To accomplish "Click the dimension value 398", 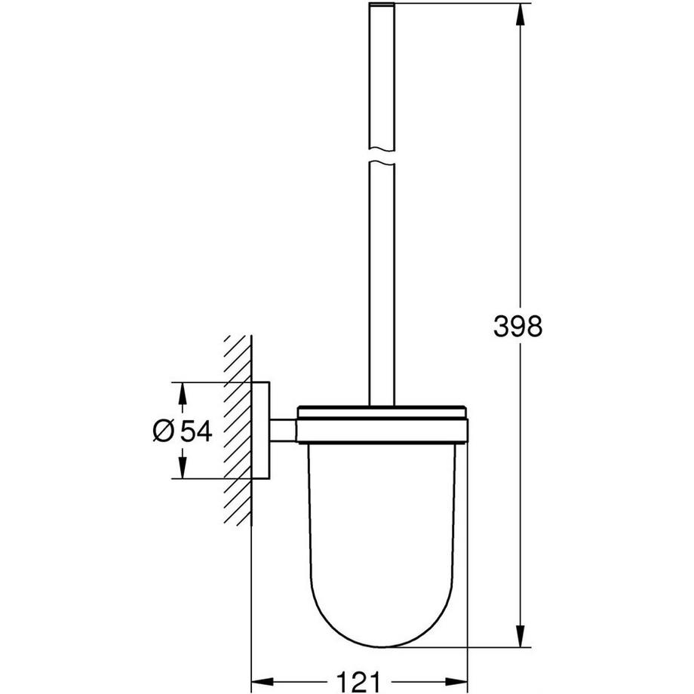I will pos(517,327).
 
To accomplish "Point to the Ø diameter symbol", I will pos(164,431).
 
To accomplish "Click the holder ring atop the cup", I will pos(383,425).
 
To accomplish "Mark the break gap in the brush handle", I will pos(383,155).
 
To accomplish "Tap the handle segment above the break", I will pos(383,75).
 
